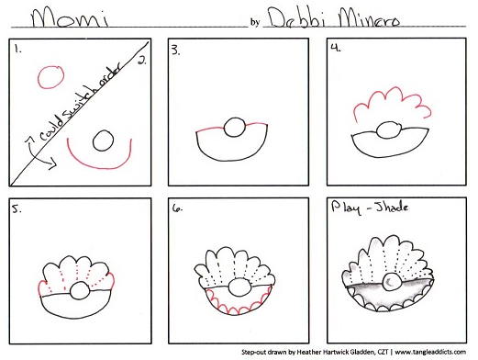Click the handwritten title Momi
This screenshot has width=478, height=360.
[x=70, y=18]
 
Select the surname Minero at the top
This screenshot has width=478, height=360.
[x=369, y=18]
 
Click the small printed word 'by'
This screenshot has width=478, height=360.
[x=255, y=22]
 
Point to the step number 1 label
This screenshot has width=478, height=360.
[x=17, y=49]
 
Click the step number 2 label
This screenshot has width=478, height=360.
[x=142, y=61]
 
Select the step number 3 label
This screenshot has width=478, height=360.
[x=175, y=50]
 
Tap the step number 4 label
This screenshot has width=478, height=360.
[x=336, y=48]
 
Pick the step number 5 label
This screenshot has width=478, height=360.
[x=17, y=209]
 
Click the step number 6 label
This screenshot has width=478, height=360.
[x=177, y=208]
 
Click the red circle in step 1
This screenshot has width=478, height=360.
[x=51, y=77]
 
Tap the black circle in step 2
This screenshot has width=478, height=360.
[x=103, y=141]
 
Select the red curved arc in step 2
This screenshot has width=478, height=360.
[x=100, y=168]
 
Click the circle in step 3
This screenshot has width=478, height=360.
[x=235, y=127]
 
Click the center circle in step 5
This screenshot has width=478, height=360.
[x=80, y=291]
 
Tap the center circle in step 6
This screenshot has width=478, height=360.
[x=239, y=287]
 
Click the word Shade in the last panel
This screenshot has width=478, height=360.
[x=392, y=208]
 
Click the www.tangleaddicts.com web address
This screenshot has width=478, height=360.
[x=430, y=352]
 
